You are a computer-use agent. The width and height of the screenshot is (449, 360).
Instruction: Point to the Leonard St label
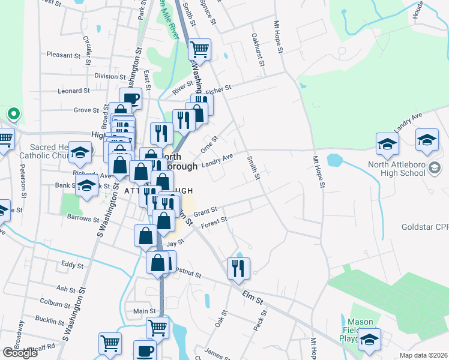point(73,91)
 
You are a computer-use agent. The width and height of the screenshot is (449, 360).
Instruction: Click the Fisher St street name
point(219,89)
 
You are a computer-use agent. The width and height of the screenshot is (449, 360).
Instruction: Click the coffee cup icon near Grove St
point(130,98)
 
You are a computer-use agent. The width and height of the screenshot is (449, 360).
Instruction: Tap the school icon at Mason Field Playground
point(370,338)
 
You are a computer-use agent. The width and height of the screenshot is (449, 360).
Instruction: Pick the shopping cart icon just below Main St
point(157,328)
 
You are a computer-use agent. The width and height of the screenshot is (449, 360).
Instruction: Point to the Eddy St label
point(72,265)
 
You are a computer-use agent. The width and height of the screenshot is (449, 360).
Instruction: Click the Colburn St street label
point(55,302)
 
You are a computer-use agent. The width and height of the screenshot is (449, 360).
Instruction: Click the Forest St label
point(214,221)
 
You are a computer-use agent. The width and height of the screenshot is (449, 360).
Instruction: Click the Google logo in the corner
point(20,353)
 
